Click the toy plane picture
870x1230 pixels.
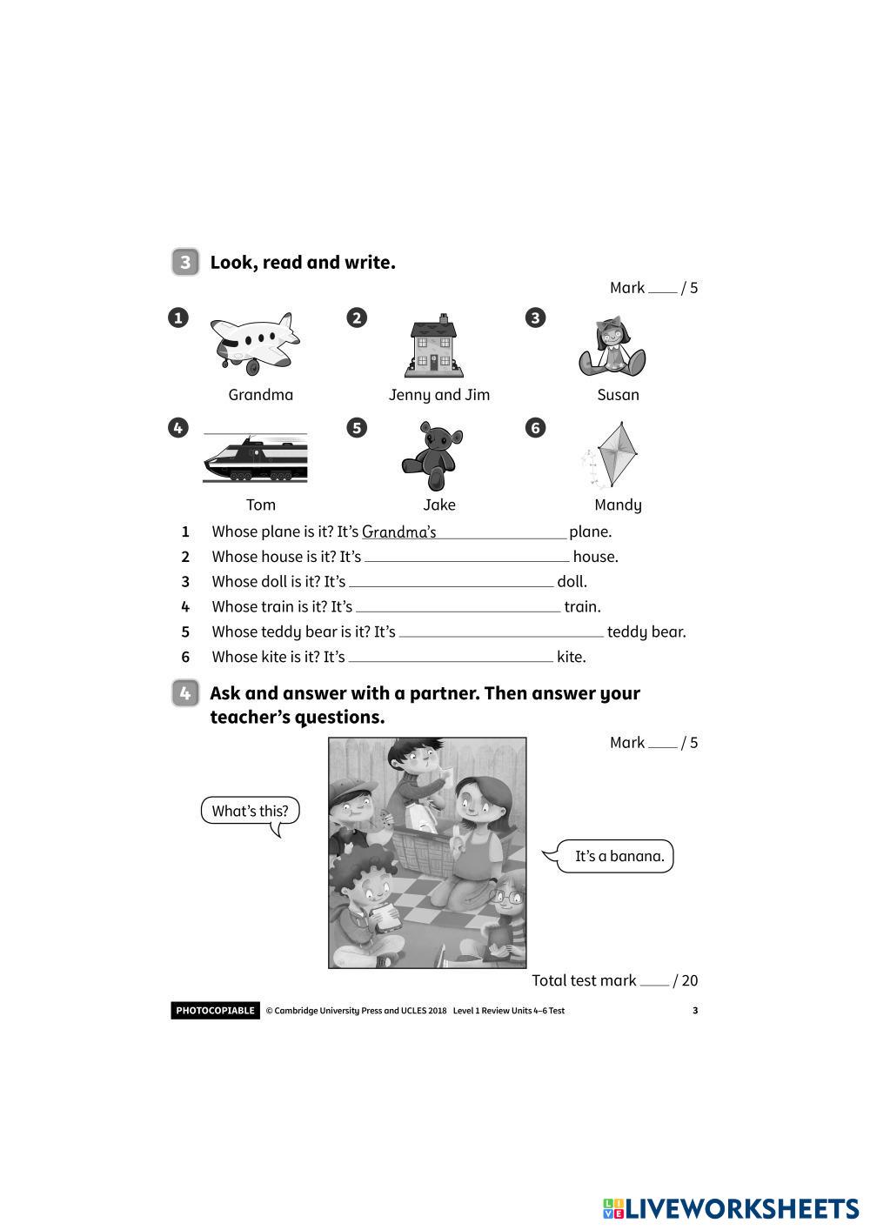pyautogui.click(x=256, y=342)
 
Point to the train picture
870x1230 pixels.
pyautogui.click(x=255, y=458)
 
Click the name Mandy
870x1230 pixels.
pyautogui.click(x=618, y=505)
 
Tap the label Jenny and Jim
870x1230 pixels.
pyautogui.click(x=439, y=395)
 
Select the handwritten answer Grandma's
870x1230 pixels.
pyautogui.click(x=399, y=531)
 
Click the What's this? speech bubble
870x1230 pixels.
pyautogui.click(x=250, y=812)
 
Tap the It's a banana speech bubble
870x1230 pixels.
pyautogui.click(x=619, y=856)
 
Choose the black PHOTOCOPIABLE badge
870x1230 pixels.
pyautogui.click(x=215, y=1011)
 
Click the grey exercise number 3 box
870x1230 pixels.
pyautogui.click(x=185, y=263)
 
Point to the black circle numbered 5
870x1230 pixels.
pyautogui.click(x=357, y=428)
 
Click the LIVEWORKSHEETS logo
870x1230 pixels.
pyautogui.click(x=731, y=1208)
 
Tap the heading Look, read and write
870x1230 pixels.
pyautogui.click(x=303, y=263)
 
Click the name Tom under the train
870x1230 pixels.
pyautogui.click(x=261, y=505)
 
